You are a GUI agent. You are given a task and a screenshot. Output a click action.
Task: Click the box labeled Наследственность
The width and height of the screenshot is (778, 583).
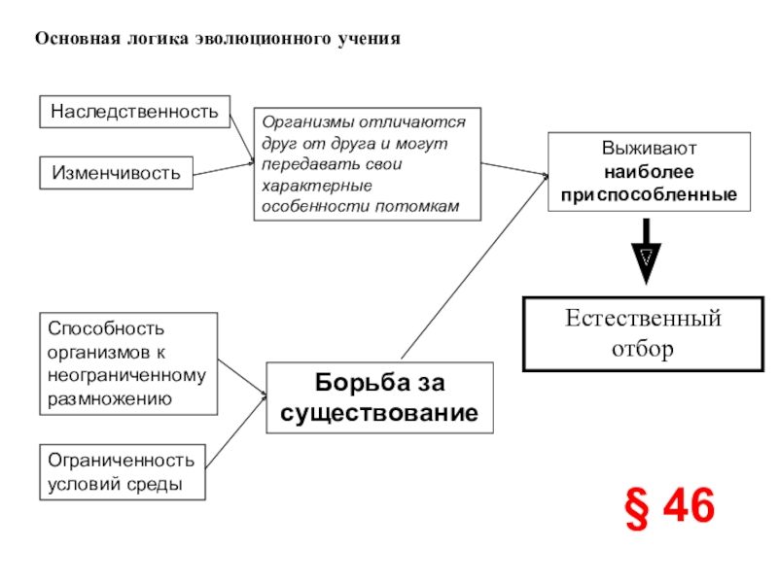(134, 112)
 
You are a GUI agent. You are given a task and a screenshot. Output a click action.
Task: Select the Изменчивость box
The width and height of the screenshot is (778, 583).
(116, 173)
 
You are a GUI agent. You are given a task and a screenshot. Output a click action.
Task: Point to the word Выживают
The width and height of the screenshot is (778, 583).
(649, 148)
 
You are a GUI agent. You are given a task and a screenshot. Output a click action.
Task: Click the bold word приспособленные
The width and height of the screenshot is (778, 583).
(649, 194)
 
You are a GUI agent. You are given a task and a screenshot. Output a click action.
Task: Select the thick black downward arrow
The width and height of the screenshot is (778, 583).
(646, 252)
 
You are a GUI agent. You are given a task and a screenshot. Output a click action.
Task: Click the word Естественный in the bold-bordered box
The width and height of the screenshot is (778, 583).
(643, 319)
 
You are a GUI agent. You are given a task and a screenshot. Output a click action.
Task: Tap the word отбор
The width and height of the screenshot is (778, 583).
(643, 349)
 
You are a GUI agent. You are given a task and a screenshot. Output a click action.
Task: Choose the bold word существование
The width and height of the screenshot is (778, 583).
(379, 412)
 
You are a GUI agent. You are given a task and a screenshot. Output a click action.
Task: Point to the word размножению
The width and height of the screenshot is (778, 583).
(110, 398)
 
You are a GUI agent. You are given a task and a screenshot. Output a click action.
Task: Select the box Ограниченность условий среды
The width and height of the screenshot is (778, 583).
(123, 472)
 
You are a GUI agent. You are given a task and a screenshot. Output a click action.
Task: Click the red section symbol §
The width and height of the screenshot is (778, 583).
(637, 508)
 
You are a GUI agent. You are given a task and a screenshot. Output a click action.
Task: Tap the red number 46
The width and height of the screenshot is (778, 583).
(690, 505)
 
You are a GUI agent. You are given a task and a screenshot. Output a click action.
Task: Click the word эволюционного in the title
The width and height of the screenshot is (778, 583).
(264, 39)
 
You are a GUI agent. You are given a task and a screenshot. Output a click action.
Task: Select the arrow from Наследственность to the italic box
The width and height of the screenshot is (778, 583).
(242, 138)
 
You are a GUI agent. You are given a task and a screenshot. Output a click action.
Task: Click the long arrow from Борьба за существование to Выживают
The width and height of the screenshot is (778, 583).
(475, 266)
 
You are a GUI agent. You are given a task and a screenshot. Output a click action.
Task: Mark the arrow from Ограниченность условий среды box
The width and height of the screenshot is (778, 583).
(236, 430)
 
